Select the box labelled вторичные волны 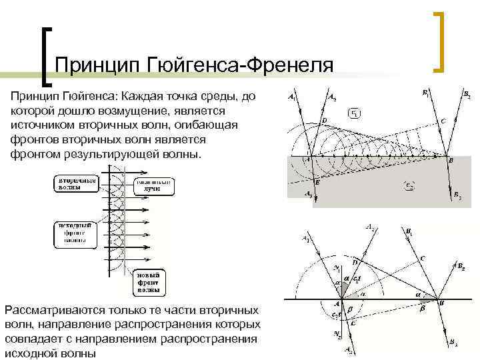76,183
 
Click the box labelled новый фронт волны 148,282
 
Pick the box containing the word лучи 154,185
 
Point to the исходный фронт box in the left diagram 75,235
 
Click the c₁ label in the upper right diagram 356,113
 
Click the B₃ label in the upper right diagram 457,195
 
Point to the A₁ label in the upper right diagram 292,97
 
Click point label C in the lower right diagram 422,257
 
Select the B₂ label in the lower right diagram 460,267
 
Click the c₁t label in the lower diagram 355,278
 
